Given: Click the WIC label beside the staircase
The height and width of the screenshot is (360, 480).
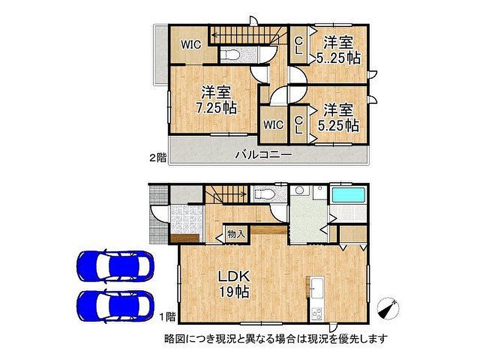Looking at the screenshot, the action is pyautogui.click(x=191, y=45).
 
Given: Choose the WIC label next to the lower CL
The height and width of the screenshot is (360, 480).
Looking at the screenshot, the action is pyautogui.click(x=273, y=125).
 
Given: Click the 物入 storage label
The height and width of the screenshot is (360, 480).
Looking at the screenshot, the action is pyautogui.click(x=236, y=234).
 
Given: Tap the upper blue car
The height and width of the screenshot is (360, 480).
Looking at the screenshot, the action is pyautogui.click(x=115, y=266).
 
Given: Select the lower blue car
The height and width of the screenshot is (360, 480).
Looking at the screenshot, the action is pyautogui.click(x=115, y=306).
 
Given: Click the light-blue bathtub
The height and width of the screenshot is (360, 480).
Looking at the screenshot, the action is pyautogui.click(x=349, y=195).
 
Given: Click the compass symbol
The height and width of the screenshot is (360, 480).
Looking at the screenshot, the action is pyautogui.click(x=388, y=308).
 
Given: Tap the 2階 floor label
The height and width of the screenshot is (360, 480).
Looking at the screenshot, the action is pyautogui.click(x=158, y=158).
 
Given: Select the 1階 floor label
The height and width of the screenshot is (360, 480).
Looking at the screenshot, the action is pyautogui.click(x=168, y=316).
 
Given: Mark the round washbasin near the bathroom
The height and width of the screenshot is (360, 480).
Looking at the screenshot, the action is pyautogui.click(x=299, y=191).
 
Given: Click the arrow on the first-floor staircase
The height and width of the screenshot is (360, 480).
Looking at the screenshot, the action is pyautogui.click(x=226, y=194).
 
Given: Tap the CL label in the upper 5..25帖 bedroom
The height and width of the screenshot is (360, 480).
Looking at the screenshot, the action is pyautogui.click(x=299, y=45).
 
